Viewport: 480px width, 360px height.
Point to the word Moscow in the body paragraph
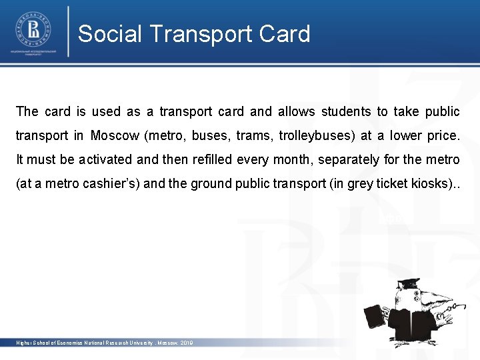(115, 136)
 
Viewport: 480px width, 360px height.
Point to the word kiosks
(426, 184)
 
